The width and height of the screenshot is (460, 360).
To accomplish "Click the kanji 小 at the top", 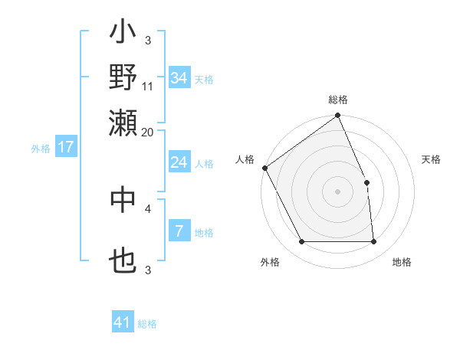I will click(123, 34).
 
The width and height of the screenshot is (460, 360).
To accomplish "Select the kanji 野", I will click(123, 78).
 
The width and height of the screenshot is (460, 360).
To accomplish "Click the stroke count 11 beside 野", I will click(148, 86).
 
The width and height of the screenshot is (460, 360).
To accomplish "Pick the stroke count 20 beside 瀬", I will click(148, 132).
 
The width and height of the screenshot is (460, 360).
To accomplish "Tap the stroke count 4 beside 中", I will click(148, 208).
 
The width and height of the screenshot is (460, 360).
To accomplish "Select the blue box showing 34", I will click(179, 78).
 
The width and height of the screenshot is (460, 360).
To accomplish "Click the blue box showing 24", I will click(179, 162).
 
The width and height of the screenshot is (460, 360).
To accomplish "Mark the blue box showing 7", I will click(179, 231).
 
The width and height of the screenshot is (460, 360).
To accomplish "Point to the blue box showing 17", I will click(65, 147).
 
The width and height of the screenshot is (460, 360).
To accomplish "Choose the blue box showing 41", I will click(123, 322).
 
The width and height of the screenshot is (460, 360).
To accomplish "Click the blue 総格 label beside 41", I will click(147, 324).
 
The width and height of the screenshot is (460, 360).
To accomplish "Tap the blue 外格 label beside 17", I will click(41, 149).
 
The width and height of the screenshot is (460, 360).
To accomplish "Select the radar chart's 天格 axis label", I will click(431, 159).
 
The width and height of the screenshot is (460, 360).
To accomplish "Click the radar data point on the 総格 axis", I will click(337, 116).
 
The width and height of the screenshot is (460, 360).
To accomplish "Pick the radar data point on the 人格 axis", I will click(264, 168).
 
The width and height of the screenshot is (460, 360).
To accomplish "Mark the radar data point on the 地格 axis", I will click(373, 241).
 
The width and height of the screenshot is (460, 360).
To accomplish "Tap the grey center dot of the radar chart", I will click(337, 191).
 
